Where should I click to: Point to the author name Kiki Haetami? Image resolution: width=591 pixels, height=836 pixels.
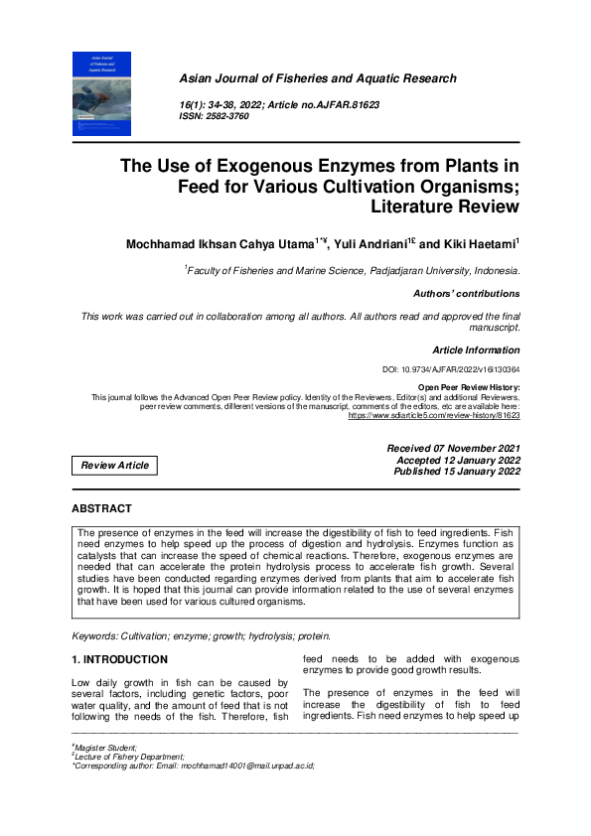tap(481, 243)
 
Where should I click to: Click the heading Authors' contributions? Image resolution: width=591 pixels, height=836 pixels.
tap(466, 294)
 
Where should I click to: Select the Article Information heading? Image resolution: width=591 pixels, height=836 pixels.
tap(476, 349)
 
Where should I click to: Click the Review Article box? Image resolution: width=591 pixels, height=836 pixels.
tap(115, 465)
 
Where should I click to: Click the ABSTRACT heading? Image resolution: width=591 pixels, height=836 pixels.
tap(101, 508)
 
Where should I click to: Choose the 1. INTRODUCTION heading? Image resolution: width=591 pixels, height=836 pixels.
tap(119, 659)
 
